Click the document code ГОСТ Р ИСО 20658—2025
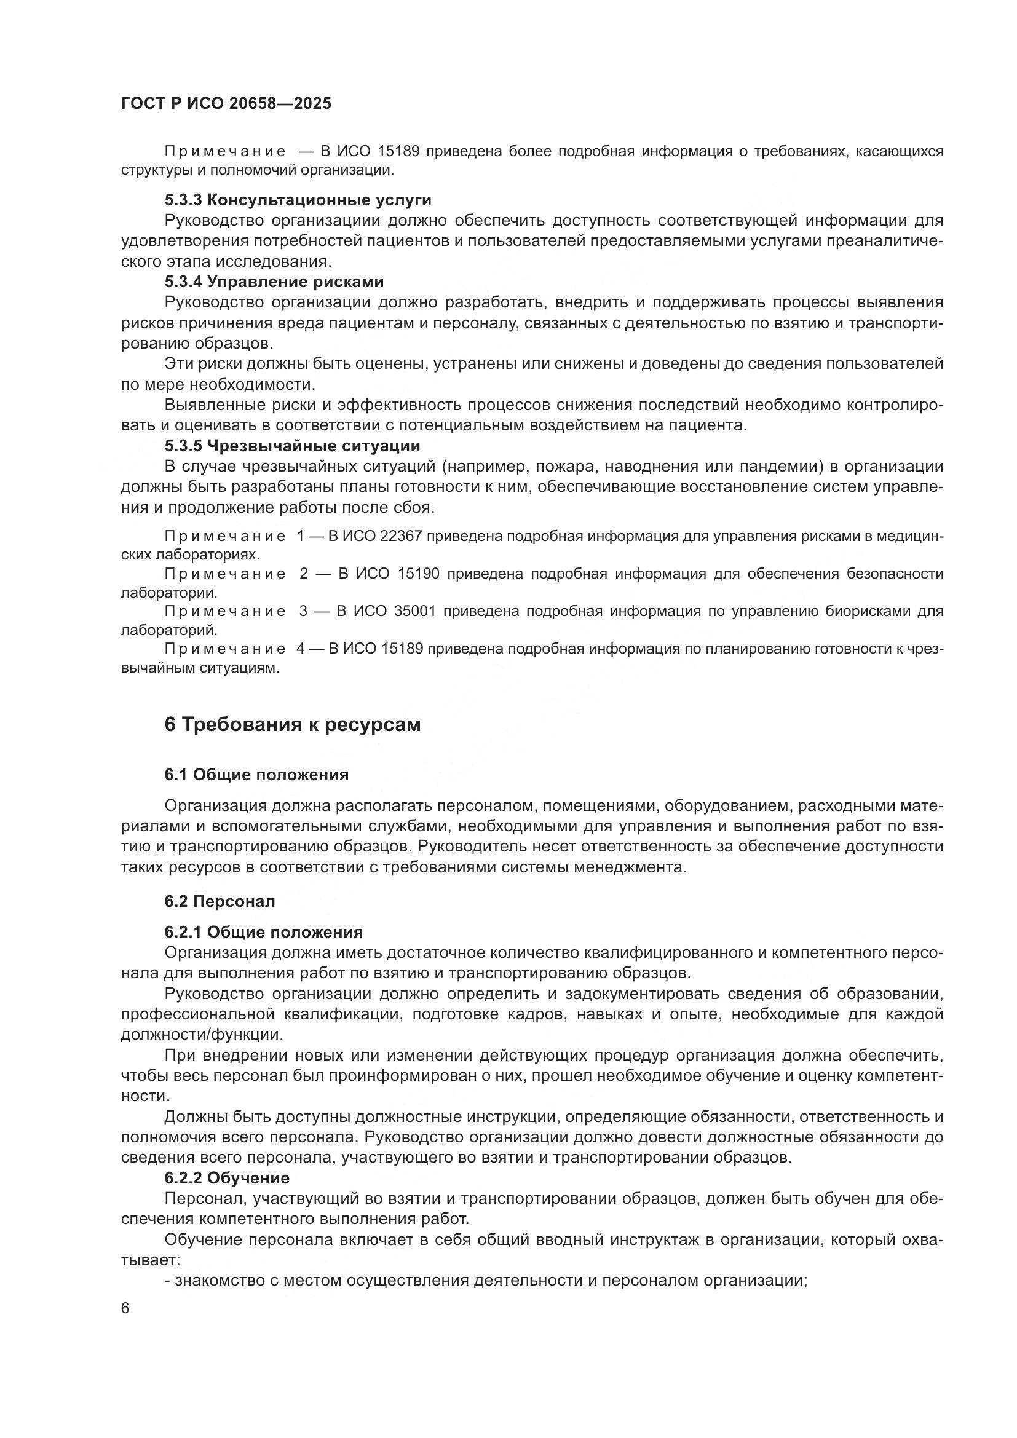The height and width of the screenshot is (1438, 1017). (x=226, y=104)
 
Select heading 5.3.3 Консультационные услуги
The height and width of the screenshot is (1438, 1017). (x=298, y=200)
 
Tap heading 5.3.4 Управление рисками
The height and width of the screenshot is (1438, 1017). (x=274, y=282)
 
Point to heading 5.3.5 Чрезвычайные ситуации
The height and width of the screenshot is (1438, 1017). (x=292, y=446)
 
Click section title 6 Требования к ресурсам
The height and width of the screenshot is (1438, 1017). (x=293, y=725)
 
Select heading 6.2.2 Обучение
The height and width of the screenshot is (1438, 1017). (x=227, y=1178)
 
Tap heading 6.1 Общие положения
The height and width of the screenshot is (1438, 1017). (x=256, y=775)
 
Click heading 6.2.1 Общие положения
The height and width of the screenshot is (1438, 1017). (x=264, y=932)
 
